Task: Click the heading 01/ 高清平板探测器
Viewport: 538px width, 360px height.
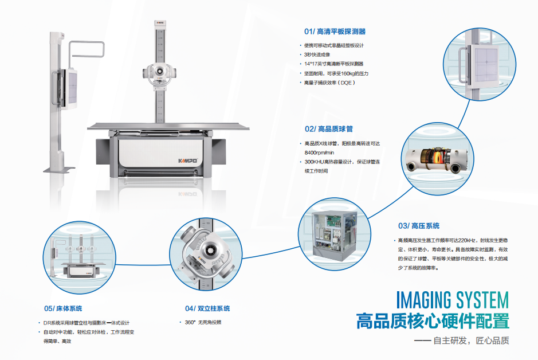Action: tap(335, 32)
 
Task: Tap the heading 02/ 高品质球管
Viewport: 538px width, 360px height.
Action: tap(329, 129)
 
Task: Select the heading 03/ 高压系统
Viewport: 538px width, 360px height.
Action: tap(419, 226)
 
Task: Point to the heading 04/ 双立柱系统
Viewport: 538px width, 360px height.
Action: tap(207, 308)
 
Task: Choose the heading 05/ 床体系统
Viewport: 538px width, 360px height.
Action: tap(63, 308)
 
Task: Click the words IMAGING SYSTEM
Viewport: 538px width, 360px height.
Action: tap(453, 300)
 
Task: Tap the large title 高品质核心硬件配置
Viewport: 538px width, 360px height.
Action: tap(433, 321)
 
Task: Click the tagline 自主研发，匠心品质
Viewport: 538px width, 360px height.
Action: tap(471, 341)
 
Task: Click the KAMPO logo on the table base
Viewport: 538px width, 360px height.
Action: tap(188, 161)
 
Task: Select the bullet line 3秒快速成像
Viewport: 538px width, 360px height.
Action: tap(317, 54)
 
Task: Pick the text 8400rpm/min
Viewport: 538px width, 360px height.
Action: tap(319, 152)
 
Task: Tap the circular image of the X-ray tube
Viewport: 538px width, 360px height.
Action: tap(438, 159)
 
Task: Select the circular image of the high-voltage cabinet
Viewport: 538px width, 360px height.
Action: tap(335, 234)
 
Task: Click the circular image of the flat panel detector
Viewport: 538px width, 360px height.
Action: tap(480, 64)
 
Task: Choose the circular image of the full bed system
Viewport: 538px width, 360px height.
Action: tap(79, 257)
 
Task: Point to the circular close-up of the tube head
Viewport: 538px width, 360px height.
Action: tap(206, 254)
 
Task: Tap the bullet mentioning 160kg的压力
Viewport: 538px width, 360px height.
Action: tap(336, 73)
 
